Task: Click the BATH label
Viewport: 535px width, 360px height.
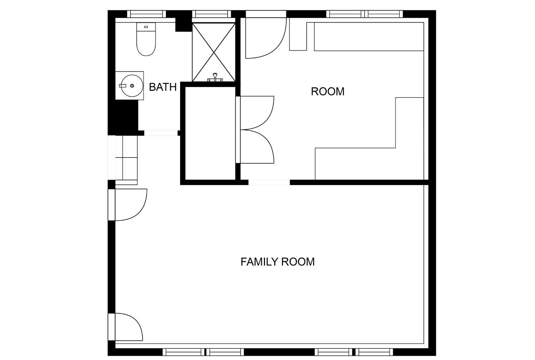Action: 163,87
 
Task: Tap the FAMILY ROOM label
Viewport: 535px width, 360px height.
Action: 277,262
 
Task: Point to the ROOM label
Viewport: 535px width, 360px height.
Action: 328,92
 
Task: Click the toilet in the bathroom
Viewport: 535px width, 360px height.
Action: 146,40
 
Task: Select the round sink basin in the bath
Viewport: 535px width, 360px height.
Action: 132,86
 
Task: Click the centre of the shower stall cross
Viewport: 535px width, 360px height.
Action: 214,52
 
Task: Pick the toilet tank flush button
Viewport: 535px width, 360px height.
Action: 146,27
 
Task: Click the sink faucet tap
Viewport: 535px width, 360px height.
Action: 123,86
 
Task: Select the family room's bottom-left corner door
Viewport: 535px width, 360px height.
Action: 136,322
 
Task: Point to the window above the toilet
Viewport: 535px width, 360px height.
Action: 146,14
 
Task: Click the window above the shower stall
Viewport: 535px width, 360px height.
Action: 212,14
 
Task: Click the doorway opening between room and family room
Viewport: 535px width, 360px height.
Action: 269,182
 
